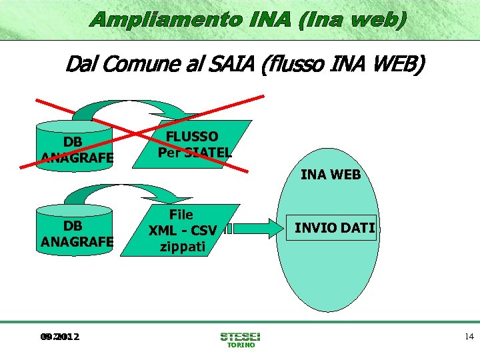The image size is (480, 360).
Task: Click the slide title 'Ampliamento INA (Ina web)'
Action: [x=248, y=20]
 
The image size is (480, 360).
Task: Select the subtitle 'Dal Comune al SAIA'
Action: [x=244, y=66]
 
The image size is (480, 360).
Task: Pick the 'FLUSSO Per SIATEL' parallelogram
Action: [x=195, y=144]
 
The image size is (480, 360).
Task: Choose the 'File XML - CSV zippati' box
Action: [x=183, y=230]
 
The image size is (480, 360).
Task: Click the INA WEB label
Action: [x=331, y=175]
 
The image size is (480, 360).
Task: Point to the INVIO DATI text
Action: [x=335, y=228]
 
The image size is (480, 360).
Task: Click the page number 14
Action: [x=469, y=337]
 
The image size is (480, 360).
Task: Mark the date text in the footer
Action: [x=59, y=337]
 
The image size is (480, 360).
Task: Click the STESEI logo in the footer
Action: [x=240, y=336]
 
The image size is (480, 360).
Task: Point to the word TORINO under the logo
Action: [x=241, y=345]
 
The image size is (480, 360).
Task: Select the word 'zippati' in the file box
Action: [x=182, y=246]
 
